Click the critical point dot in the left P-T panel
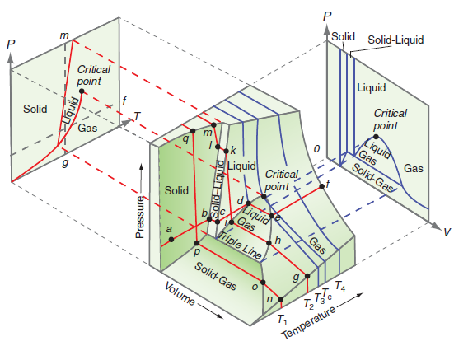point(81,68)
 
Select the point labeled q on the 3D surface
point(192,130)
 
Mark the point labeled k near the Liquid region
point(226,151)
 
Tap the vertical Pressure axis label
point(141,217)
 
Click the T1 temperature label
point(283,318)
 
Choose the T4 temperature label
point(340,286)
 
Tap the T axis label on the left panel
point(137,115)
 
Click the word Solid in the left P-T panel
point(35,109)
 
